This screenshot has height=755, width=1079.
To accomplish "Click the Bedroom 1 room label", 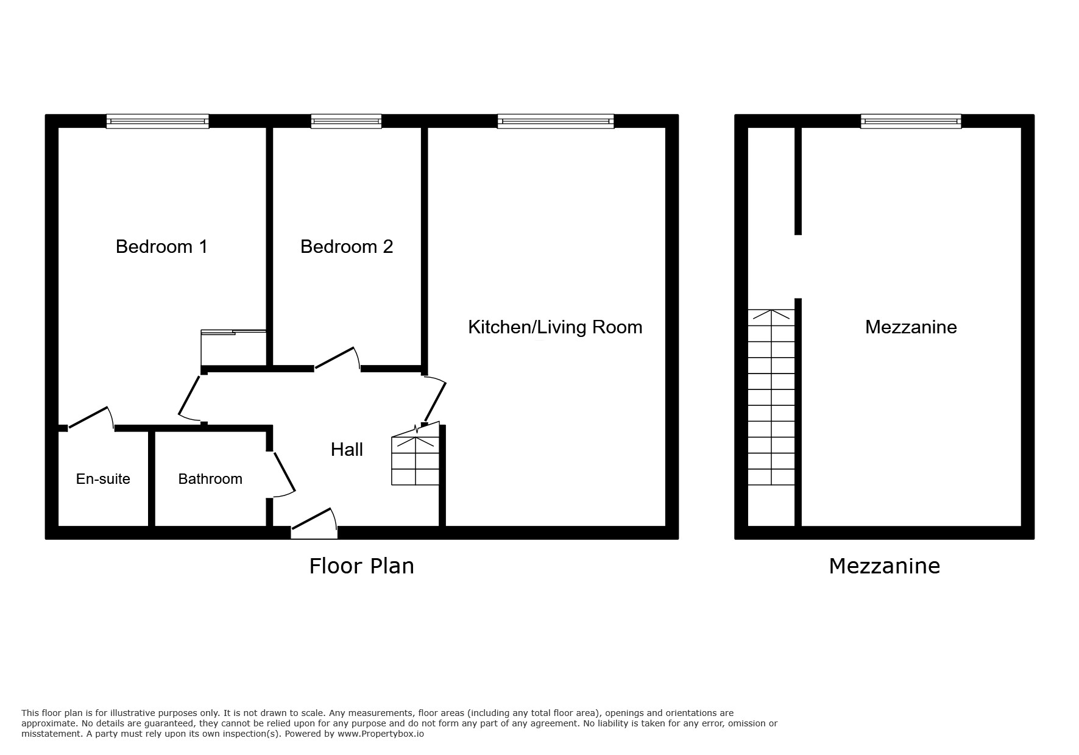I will pyautogui.click(x=161, y=247).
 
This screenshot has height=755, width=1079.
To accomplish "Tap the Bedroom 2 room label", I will pyautogui.click(x=347, y=247).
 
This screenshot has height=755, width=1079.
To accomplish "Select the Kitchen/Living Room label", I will pyautogui.click(x=554, y=327).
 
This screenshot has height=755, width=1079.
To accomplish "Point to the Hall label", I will pyautogui.click(x=347, y=450).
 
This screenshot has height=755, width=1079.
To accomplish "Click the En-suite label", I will pyautogui.click(x=103, y=479).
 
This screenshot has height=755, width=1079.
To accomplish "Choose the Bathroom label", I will pyautogui.click(x=210, y=479).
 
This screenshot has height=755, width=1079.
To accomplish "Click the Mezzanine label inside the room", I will pyautogui.click(x=911, y=327).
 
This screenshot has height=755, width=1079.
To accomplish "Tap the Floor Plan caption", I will pyautogui.click(x=361, y=566).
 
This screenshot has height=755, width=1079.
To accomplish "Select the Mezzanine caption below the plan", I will pyautogui.click(x=884, y=566).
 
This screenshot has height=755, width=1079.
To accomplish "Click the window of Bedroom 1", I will pyautogui.click(x=157, y=121).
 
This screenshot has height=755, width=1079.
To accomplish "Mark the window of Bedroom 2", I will pyautogui.click(x=346, y=121).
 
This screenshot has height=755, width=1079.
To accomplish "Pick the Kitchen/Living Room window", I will pyautogui.click(x=555, y=121).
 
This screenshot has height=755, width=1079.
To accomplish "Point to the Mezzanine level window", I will pyautogui.click(x=911, y=121).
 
